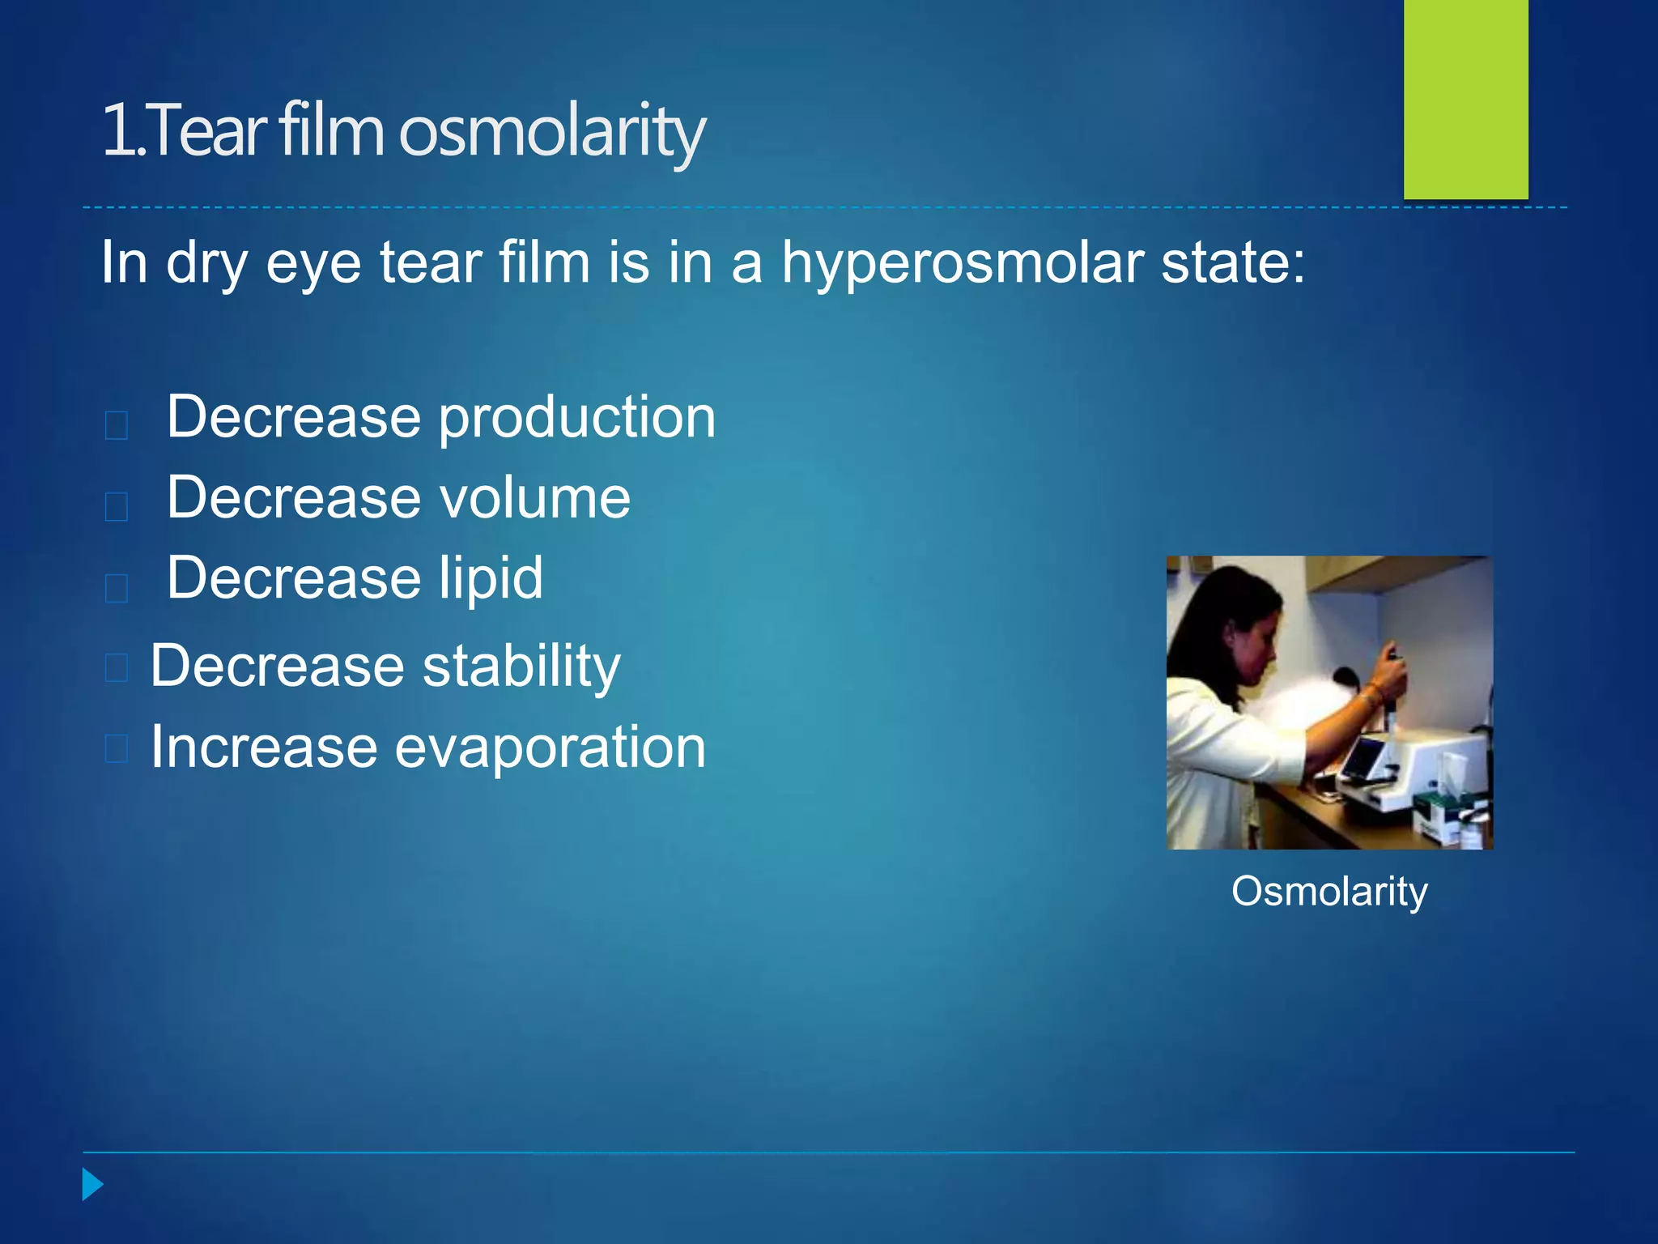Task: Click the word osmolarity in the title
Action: [x=552, y=131]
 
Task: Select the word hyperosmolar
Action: [x=963, y=263]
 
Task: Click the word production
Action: [x=576, y=418]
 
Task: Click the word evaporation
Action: [x=550, y=747]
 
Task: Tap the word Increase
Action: [x=264, y=747]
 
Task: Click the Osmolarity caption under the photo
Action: [x=1329, y=892]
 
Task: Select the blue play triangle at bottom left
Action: [x=92, y=1184]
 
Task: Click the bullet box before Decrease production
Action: [x=117, y=424]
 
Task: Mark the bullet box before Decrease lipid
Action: [x=117, y=587]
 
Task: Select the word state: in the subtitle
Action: [x=1232, y=263]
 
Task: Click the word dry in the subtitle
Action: [x=206, y=263]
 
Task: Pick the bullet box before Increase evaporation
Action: [x=117, y=749]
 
